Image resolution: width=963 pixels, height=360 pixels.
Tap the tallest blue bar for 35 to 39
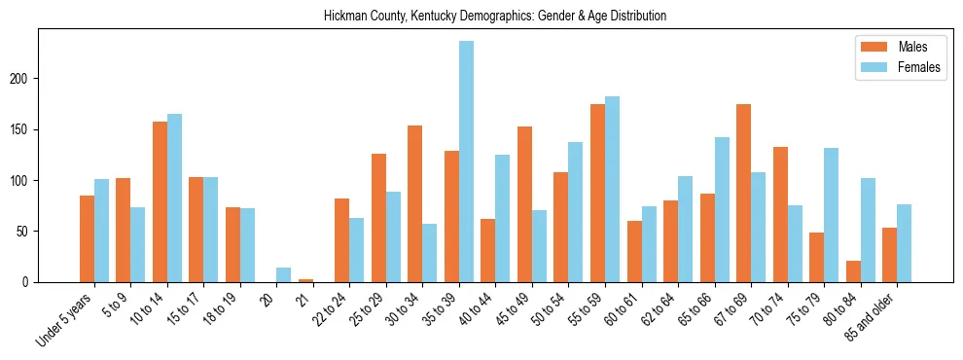466,162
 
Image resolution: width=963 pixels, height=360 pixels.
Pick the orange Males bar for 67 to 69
743,193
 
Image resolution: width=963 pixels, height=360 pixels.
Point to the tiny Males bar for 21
305,280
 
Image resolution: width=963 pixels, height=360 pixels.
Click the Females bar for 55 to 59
612,189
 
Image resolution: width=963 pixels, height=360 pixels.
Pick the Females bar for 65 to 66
722,209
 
